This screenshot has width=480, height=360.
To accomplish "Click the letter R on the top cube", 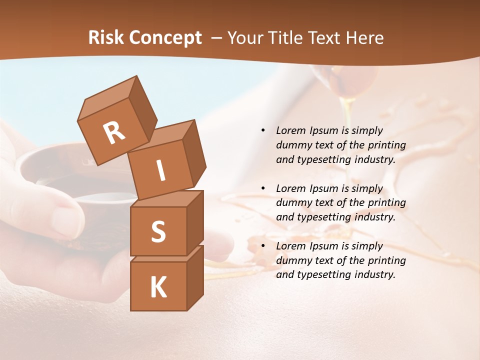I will (x=114, y=132).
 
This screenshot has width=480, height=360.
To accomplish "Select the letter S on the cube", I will (x=158, y=231).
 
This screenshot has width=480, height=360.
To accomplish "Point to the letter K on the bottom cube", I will (x=158, y=287).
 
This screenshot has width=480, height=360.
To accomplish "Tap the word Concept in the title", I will (x=164, y=38).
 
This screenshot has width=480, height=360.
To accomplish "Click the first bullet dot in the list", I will (x=263, y=130).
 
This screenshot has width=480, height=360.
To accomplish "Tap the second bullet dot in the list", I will (x=263, y=188).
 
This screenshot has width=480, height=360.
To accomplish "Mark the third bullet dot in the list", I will (x=263, y=246).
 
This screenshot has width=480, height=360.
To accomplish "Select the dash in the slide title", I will (x=217, y=38).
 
